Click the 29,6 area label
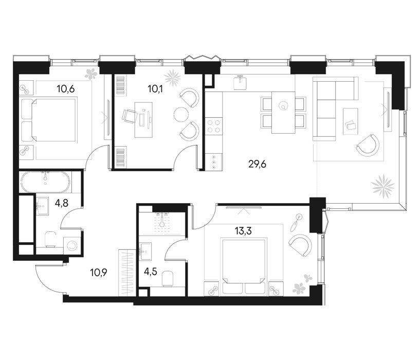pos(257,164)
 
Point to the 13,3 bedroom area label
pos(243,231)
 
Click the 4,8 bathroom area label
pos(61,203)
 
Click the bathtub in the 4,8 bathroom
pos(45,182)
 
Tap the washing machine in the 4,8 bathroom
pos(72,245)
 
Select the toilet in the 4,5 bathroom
pos(168,278)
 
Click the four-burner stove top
pos(214,127)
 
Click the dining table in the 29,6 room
pos(283,112)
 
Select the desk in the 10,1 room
pos(143,119)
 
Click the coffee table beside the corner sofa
pos(351,121)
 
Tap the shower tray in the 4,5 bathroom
pos(162,223)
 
